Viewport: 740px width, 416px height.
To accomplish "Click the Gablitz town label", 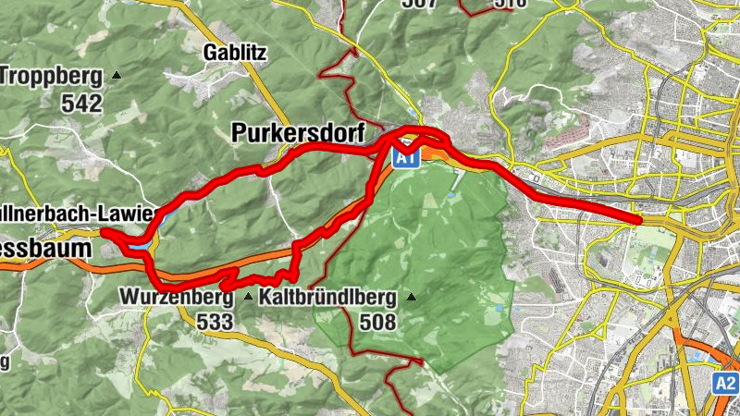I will click(237, 53).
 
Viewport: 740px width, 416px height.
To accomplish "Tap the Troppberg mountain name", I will click(53, 75).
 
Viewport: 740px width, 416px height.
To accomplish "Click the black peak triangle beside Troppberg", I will click(117, 75).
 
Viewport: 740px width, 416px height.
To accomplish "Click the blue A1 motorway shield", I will click(404, 158).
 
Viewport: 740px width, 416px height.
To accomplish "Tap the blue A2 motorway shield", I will click(726, 383).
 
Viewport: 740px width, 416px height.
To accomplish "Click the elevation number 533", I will click(215, 322).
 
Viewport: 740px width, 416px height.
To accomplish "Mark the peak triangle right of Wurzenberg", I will click(248, 298).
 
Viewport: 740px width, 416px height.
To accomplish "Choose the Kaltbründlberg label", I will click(328, 298).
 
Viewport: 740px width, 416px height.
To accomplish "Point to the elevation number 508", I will click(378, 322).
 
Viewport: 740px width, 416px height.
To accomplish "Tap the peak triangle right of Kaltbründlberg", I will click(412, 298).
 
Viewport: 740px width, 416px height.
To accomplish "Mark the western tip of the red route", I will click(102, 231).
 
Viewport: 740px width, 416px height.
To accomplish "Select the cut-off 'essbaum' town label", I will click(46, 249).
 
